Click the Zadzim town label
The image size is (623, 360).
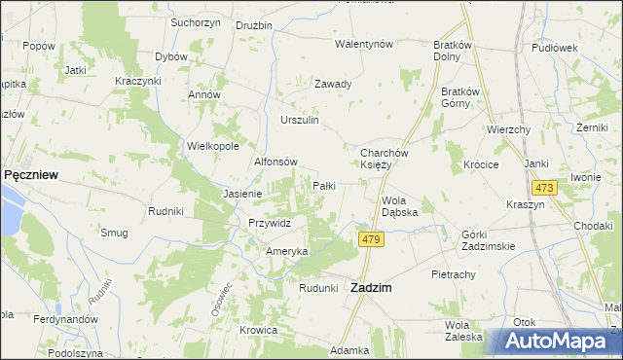tap(371, 287)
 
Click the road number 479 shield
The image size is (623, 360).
tap(369, 238)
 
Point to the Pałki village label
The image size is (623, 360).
tap(324, 185)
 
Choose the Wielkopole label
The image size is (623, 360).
tap(213, 146)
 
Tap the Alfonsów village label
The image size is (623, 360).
tap(275, 162)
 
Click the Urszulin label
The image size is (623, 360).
tap(300, 120)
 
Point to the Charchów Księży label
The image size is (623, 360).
tap(389, 159)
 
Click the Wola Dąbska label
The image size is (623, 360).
tap(399, 206)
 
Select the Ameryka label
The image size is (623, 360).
tap(287, 251)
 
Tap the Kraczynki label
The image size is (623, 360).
tap(137, 80)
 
